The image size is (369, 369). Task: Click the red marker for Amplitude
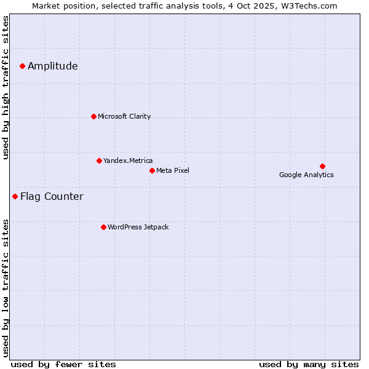[22, 66]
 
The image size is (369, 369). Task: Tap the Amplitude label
[53, 66]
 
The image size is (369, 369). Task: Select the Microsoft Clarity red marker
[93, 116]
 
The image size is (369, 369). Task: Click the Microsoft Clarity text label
[124, 116]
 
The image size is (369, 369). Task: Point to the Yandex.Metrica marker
[99, 161]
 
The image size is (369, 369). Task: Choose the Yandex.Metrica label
[128, 161]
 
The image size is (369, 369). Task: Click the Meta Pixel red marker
[152, 170]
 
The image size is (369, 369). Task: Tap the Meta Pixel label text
[173, 170]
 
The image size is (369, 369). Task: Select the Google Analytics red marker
[322, 166]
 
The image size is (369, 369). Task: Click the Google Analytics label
[306, 175]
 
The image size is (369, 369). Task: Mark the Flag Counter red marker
[15, 196]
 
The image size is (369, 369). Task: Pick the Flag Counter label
[52, 197]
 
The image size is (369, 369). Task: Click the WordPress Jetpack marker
[103, 227]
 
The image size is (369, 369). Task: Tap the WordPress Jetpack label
[138, 227]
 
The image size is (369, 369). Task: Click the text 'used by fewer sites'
[63, 364]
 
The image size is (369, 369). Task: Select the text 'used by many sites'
[309, 364]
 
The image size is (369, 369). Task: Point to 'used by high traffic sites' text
[6, 87]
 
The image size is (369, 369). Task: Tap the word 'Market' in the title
[47, 6]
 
